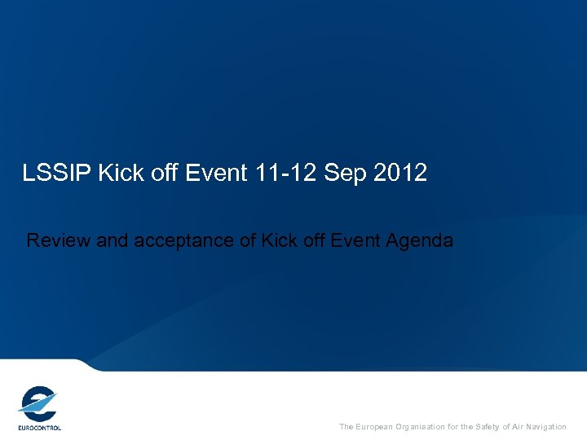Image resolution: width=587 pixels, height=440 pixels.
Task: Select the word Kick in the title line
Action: [117, 173]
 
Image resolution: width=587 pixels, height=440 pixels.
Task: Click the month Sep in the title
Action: [345, 173]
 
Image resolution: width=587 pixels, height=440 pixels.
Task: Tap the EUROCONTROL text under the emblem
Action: [39, 427]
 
